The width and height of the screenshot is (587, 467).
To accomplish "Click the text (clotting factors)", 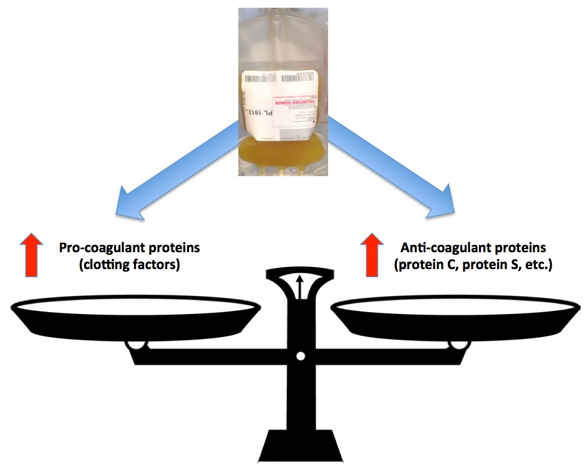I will (130, 265).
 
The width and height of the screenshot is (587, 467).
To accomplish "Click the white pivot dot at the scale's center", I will (300, 356).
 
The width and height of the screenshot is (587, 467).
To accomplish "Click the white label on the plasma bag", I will (281, 103).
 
